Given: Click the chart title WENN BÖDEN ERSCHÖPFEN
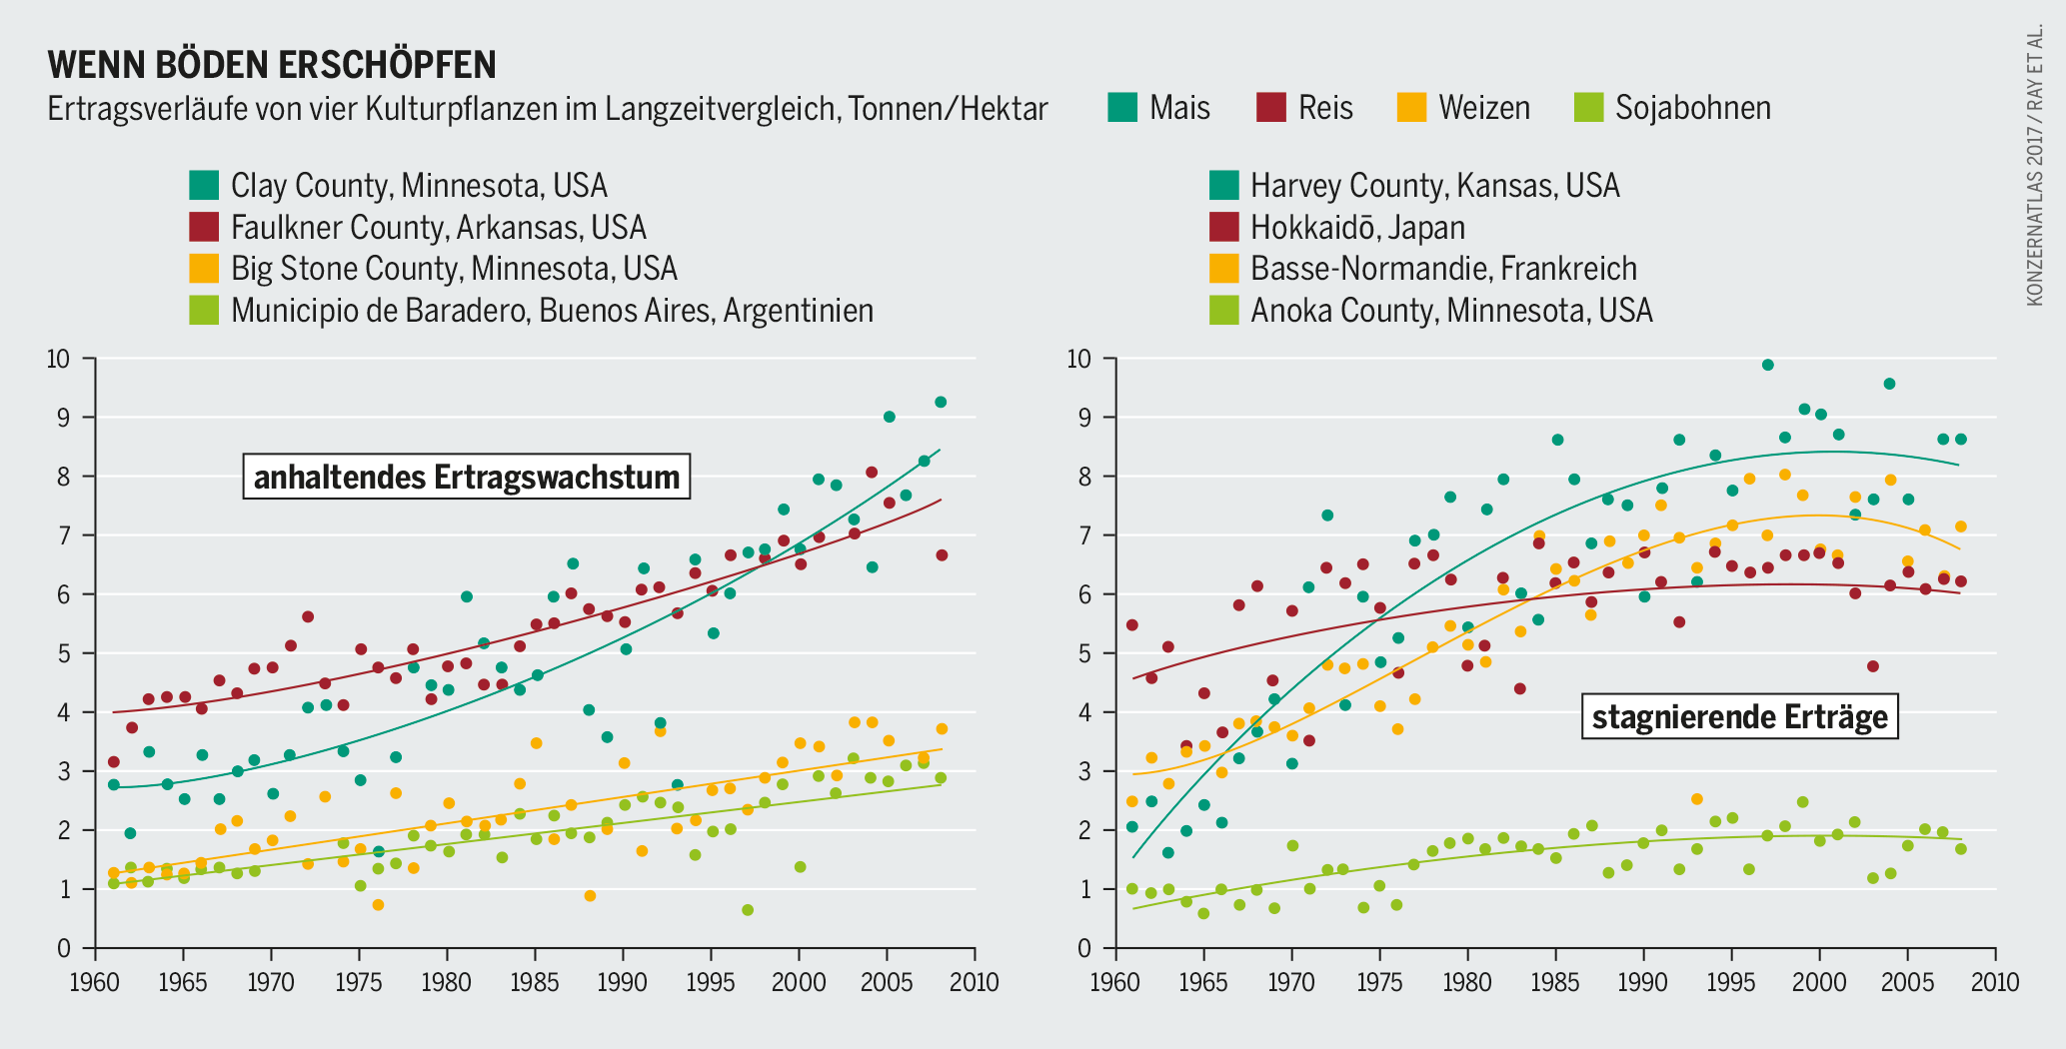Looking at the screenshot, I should (x=272, y=64).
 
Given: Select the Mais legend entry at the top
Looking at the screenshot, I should (x=1159, y=108).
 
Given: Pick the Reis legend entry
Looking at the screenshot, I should (x=1304, y=108).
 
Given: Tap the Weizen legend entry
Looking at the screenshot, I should (x=1463, y=108).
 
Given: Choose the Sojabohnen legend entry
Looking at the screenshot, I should (x=1672, y=108).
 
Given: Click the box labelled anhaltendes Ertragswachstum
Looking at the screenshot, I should (x=467, y=477).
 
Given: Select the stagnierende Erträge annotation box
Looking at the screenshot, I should (x=1739, y=716).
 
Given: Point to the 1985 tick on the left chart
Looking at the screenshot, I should (x=535, y=982).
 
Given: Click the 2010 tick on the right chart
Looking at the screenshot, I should (x=1995, y=982).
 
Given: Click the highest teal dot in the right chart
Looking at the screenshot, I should (x=1767, y=365).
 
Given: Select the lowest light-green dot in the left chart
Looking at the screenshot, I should (x=747, y=910).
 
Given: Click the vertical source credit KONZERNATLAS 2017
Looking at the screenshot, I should (x=2034, y=165).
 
